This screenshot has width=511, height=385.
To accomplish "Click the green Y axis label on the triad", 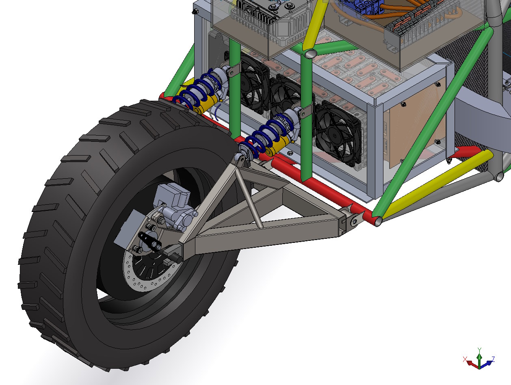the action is click(x=479, y=350).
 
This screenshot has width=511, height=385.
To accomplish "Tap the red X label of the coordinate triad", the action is click(x=465, y=359).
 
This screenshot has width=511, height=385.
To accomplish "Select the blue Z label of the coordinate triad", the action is click(x=493, y=359).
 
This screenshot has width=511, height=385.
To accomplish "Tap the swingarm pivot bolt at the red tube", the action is click(x=354, y=221).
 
